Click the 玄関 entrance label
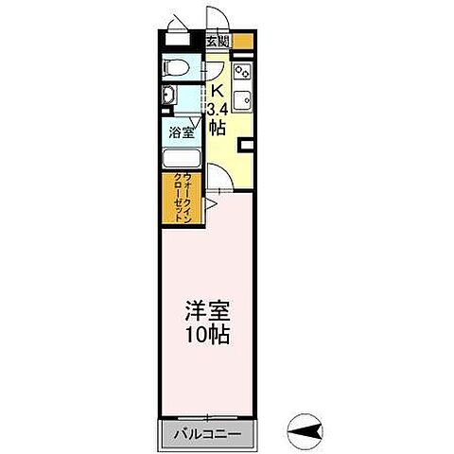[x=218, y=42]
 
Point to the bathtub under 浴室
[x=181, y=159]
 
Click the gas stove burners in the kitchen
[x=242, y=70]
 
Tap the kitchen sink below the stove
[x=242, y=98]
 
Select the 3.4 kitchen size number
[x=218, y=109]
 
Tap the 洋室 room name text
[x=207, y=311]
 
